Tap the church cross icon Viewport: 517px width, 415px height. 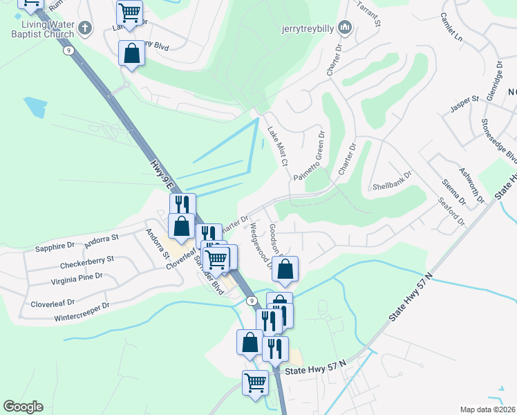point(85,28)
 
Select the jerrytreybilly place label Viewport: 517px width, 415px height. point(308,29)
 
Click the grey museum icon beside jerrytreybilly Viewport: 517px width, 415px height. point(346,28)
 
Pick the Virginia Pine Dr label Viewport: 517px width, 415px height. point(77,279)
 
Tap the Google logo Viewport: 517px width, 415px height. point(23,407)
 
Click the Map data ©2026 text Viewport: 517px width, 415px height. point(488,409)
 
